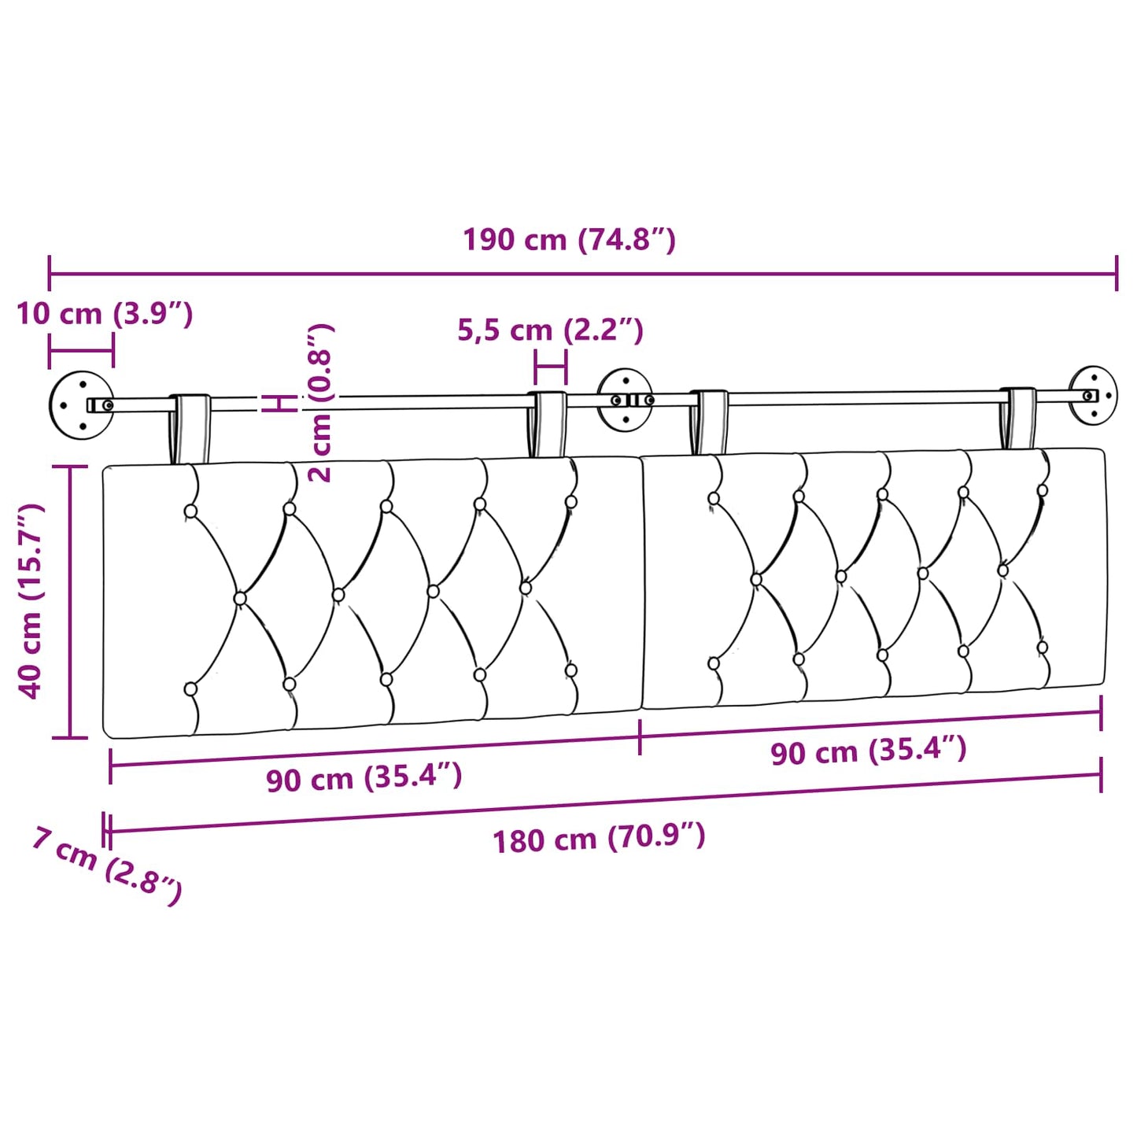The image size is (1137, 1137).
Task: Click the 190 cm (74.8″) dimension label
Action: click(x=568, y=241)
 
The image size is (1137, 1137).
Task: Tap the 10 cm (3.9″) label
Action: click(x=105, y=314)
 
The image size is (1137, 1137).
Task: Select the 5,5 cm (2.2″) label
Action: click(x=550, y=330)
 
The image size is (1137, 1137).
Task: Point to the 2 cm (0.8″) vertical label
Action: click(x=322, y=403)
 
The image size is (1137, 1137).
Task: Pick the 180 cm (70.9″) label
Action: click(x=599, y=839)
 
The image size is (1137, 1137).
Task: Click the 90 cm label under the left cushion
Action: click(x=364, y=779)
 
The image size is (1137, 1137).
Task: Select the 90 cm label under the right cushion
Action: click(x=869, y=751)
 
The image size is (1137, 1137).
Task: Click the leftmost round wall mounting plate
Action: click(x=81, y=405)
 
